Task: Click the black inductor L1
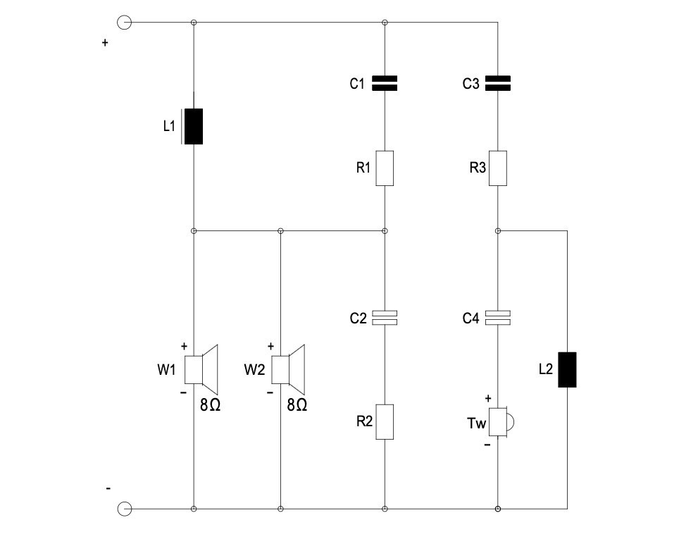coord(194,127)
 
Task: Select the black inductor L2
coord(567,369)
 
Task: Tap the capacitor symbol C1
coord(385,83)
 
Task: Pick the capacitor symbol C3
coord(498,83)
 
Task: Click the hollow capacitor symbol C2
coord(385,318)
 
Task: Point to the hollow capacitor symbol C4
coord(498,318)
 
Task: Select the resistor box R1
coord(385,168)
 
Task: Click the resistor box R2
coord(385,422)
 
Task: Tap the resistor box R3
coord(498,168)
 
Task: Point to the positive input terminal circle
coord(124,23)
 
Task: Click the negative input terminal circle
coord(124,508)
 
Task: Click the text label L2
coord(544,369)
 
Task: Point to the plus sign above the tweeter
coord(487,398)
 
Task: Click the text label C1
coord(357,84)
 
